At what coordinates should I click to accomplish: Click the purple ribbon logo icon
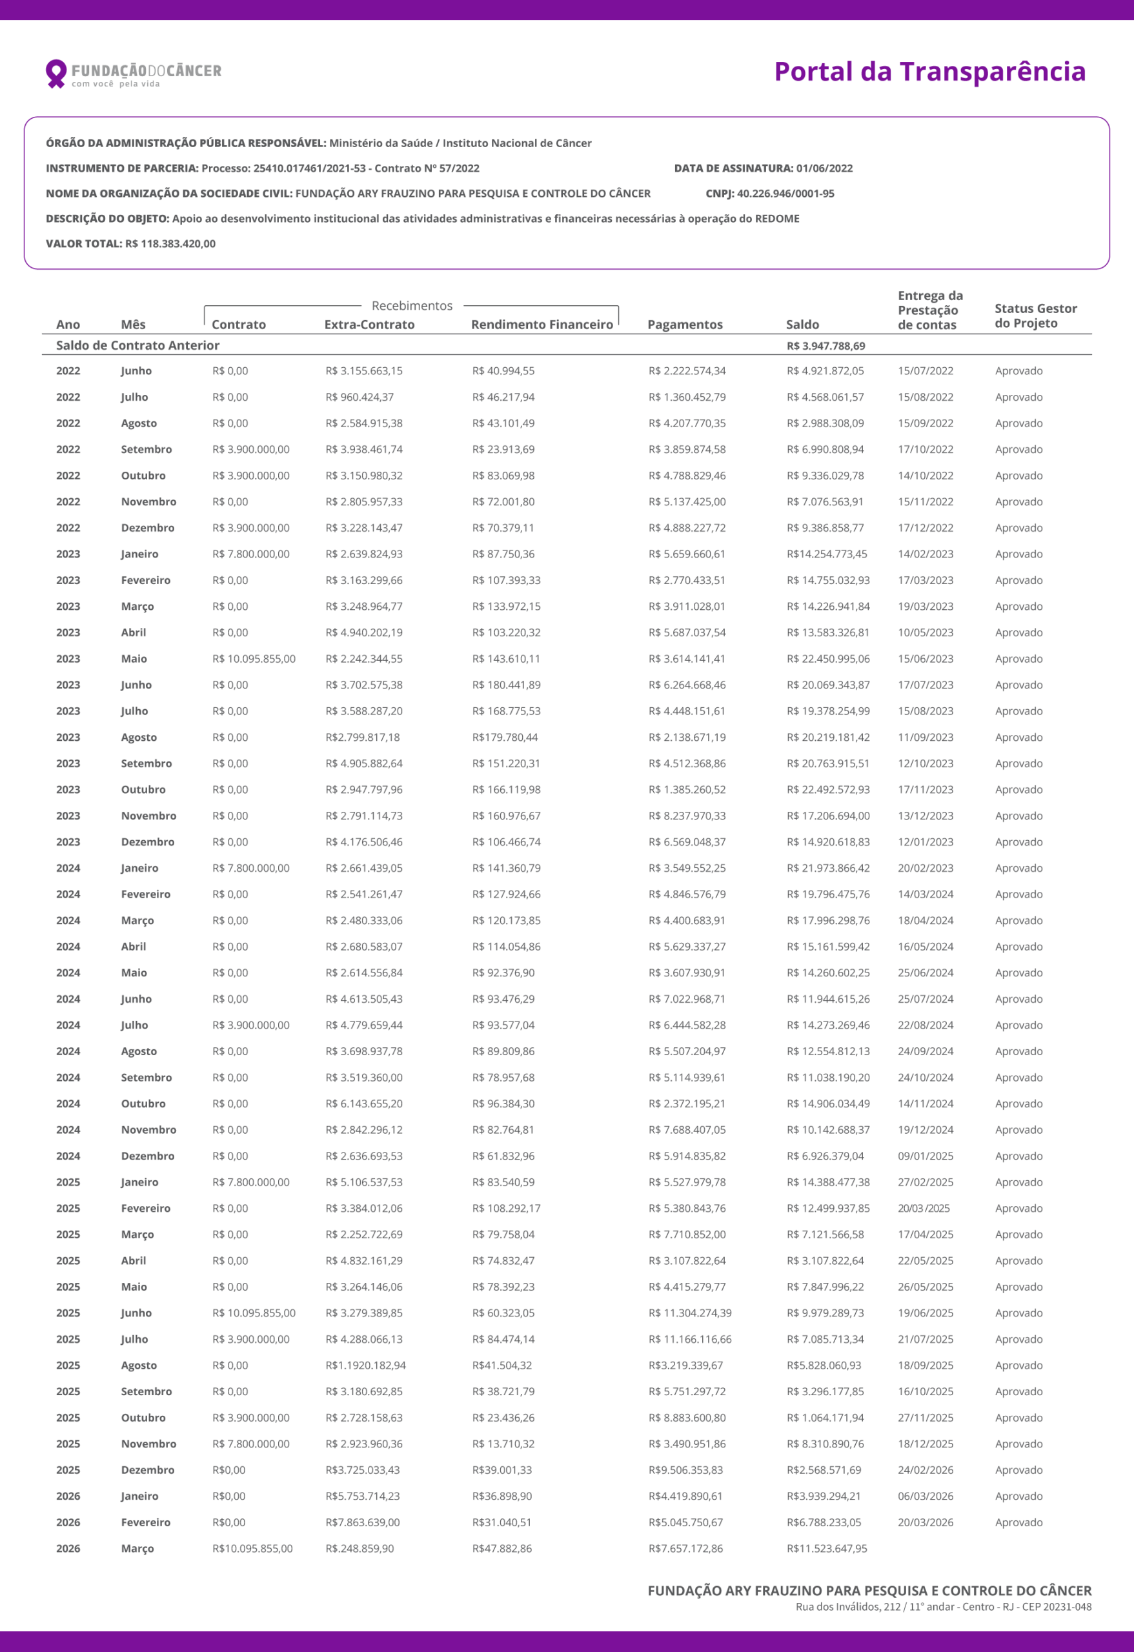pyautogui.click(x=56, y=72)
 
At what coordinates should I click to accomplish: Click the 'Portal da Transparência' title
pyautogui.click(x=929, y=72)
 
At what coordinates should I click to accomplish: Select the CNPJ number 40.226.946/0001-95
pyautogui.click(x=785, y=194)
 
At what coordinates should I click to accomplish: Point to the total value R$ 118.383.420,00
pyautogui.click(x=170, y=244)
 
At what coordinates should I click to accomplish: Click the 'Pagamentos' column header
pyautogui.click(x=685, y=325)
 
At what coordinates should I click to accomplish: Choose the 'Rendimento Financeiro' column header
pyautogui.click(x=542, y=325)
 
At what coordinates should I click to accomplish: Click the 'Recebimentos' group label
pyautogui.click(x=412, y=306)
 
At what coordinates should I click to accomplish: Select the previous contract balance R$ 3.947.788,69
pyautogui.click(x=825, y=346)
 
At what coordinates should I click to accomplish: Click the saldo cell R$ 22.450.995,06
pyautogui.click(x=827, y=659)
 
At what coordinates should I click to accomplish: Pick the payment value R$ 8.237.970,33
pyautogui.click(x=687, y=816)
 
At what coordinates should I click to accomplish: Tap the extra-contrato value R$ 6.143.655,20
pyautogui.click(x=364, y=1104)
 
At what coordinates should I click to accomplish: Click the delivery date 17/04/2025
pyautogui.click(x=925, y=1234)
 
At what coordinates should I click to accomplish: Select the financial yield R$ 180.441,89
pyautogui.click(x=506, y=685)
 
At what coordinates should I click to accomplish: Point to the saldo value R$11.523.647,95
pyautogui.click(x=827, y=1549)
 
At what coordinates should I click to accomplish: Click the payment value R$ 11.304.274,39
pyautogui.click(x=690, y=1313)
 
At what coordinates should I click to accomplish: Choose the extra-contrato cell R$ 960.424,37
pyautogui.click(x=359, y=398)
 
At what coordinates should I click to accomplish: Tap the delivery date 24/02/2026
pyautogui.click(x=925, y=1470)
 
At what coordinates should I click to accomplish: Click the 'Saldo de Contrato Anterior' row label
pyautogui.click(x=138, y=345)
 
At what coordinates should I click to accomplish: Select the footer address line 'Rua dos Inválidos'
pyautogui.click(x=943, y=1607)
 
